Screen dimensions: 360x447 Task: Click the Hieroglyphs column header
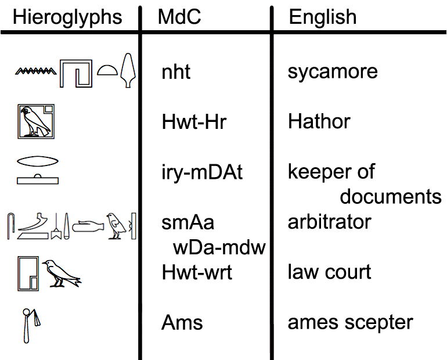tap(67, 17)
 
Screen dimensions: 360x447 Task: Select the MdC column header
tap(179, 17)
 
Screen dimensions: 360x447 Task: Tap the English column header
tap(323, 17)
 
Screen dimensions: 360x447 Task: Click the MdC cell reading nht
tap(176, 72)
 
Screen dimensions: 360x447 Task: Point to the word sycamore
tap(333, 71)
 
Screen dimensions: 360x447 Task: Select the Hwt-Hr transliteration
tap(194, 122)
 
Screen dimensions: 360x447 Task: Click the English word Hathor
tap(319, 122)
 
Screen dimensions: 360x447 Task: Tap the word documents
tap(391, 197)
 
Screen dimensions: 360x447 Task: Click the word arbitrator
tap(329, 221)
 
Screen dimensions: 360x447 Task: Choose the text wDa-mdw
tap(219, 247)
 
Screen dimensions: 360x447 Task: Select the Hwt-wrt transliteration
tap(197, 272)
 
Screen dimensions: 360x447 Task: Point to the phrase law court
tap(329, 272)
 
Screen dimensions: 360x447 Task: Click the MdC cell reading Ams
tap(182, 322)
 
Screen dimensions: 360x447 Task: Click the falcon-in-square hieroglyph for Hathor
tap(35, 121)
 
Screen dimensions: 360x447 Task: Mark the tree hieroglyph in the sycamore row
tap(128, 71)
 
